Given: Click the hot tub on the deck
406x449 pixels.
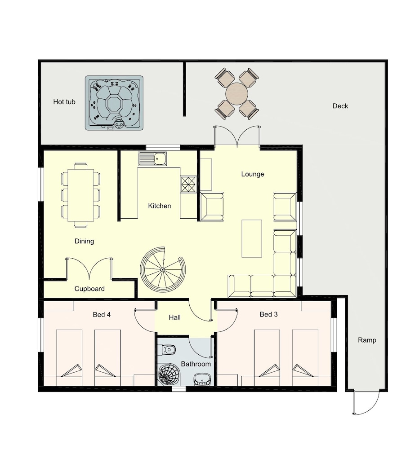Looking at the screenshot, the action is [114, 103].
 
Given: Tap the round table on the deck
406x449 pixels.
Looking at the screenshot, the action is [237, 93].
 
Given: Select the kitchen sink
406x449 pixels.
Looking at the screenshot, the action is [152, 158].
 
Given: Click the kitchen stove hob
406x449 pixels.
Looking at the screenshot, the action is [188, 184].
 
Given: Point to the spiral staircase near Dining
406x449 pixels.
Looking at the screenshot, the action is [163, 269].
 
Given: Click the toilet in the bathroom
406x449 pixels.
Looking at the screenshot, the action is [169, 349].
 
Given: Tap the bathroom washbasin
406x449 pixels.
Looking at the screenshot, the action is [202, 379].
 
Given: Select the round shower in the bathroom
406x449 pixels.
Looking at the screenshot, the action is [169, 374].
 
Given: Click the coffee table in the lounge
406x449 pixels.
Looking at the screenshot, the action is [252, 238].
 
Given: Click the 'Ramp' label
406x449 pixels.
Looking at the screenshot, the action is [367, 340].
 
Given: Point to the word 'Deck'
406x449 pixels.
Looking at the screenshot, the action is [340, 106].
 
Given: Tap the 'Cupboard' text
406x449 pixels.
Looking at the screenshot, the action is [89, 289].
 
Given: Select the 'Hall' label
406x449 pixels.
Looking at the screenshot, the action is [174, 317].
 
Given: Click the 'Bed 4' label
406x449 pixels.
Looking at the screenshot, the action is [102, 314].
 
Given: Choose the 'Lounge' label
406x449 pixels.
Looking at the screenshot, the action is [252, 174].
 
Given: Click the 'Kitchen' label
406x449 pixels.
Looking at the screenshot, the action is [160, 206].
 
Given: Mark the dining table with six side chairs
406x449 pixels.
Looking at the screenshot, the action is [80, 195].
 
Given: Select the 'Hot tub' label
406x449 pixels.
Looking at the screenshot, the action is [64, 101].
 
